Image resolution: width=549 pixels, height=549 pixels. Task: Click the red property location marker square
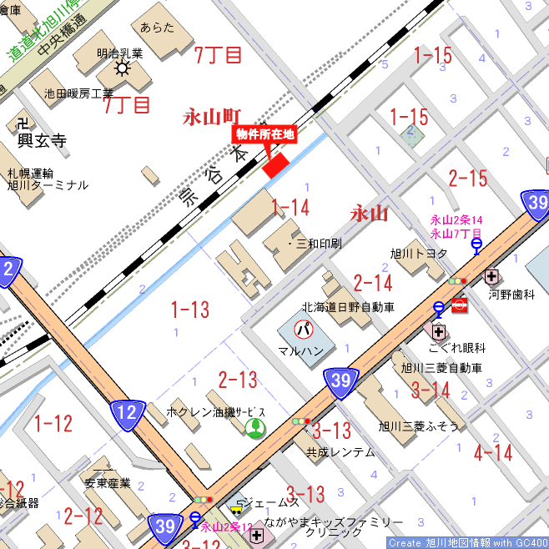(x=275, y=164)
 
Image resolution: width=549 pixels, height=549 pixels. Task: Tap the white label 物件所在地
(x=265, y=133)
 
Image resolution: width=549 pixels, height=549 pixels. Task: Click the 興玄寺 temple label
(x=42, y=141)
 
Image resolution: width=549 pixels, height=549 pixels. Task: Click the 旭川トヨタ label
(x=419, y=253)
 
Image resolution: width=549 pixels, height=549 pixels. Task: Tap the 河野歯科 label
(x=511, y=295)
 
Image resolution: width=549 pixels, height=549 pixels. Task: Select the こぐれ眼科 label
(x=457, y=348)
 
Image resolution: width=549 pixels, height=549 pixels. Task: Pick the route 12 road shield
(x=126, y=412)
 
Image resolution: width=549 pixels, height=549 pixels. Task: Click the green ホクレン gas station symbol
(x=254, y=429)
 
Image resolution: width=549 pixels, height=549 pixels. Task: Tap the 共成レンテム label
(x=340, y=451)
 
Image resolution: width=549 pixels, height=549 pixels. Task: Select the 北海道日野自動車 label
(x=348, y=307)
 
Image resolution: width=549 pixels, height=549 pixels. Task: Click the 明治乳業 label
(x=119, y=53)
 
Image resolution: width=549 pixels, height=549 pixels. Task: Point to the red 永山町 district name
(x=212, y=117)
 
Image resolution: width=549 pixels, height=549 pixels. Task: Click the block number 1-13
(x=190, y=310)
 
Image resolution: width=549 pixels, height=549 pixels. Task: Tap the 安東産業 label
(x=108, y=482)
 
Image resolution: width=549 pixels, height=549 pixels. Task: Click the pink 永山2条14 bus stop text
(x=456, y=220)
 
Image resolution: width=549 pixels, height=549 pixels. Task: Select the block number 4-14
(x=492, y=453)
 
